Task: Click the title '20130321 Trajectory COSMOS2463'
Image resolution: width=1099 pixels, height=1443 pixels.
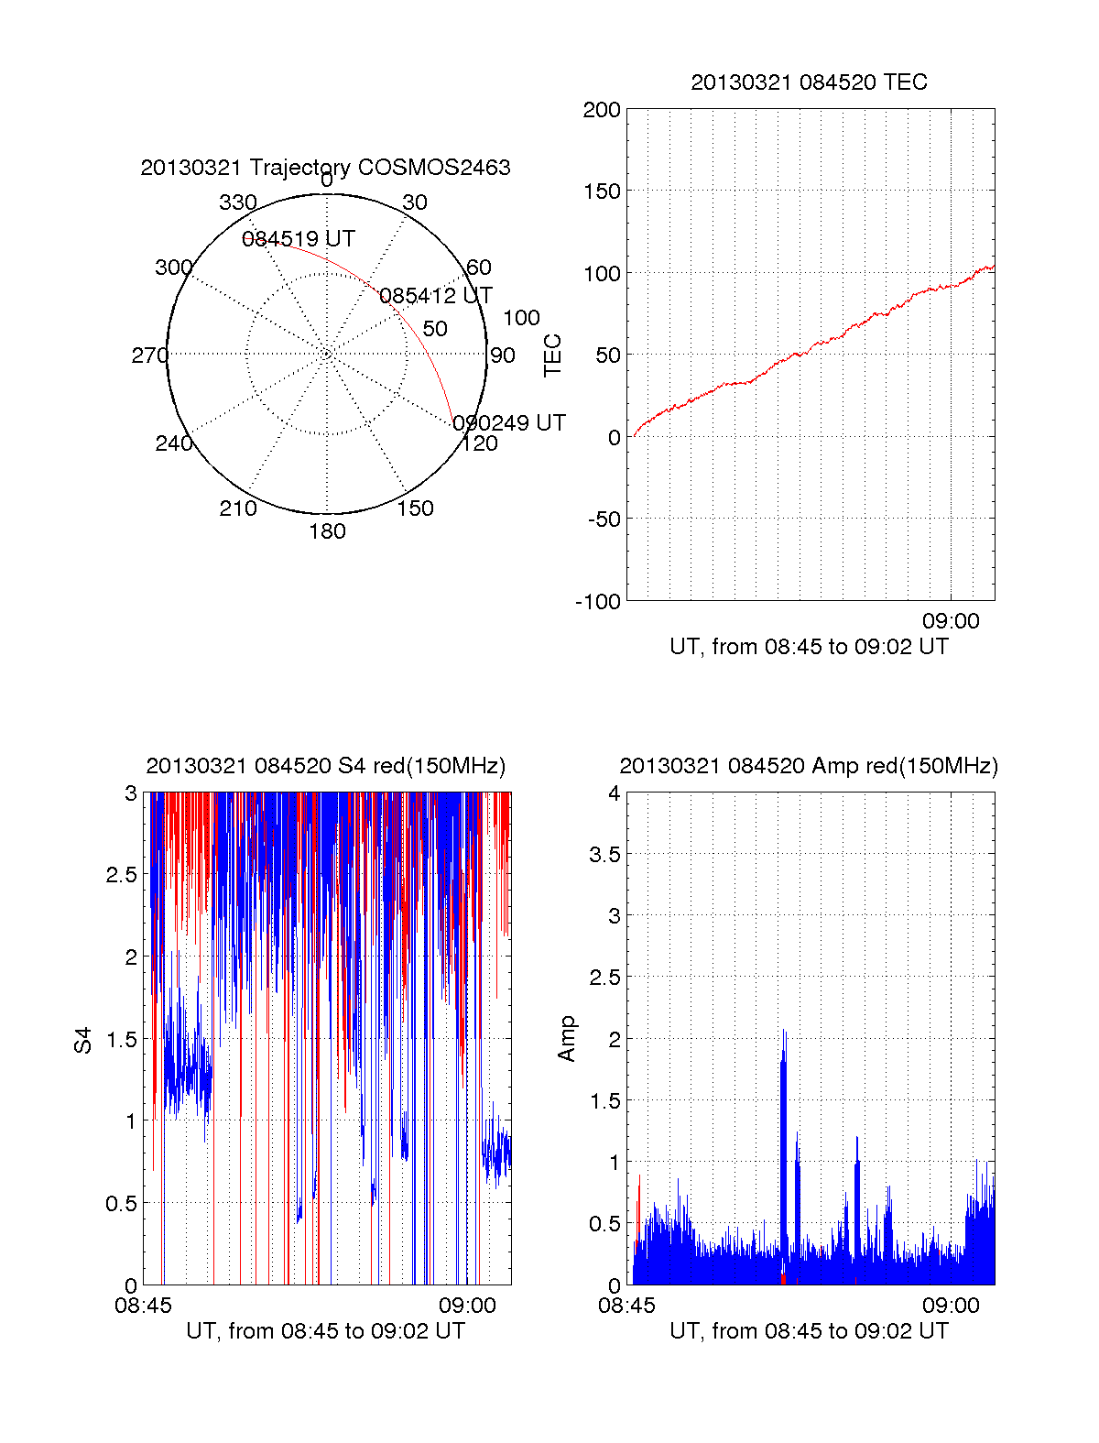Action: [325, 168]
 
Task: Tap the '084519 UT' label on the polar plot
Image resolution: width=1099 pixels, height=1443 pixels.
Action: [299, 239]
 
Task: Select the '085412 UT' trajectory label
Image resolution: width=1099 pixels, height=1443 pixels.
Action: [436, 296]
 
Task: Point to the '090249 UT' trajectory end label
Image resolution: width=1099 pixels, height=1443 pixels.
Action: [509, 422]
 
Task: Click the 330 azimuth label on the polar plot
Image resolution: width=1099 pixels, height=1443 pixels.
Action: [238, 202]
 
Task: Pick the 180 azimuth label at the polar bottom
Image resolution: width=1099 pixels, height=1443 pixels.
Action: [327, 531]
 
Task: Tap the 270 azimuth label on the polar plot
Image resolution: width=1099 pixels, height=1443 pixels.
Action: [149, 355]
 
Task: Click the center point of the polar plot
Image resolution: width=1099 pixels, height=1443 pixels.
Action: [327, 354]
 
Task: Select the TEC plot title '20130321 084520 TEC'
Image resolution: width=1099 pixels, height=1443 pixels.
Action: [809, 82]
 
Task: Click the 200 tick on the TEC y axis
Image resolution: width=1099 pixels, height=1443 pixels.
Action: [602, 110]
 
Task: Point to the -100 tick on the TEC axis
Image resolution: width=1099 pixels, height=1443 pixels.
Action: [598, 602]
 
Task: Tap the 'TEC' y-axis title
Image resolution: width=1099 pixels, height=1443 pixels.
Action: [553, 355]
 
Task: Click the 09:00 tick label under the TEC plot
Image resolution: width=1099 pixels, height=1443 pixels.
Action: [951, 621]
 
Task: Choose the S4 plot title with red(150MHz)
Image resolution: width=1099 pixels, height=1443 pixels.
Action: [325, 766]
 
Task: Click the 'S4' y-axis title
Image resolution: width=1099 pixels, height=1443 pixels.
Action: [83, 1040]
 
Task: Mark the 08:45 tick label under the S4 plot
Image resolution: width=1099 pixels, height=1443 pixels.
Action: [143, 1306]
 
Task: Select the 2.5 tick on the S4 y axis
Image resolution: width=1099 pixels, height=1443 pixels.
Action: [122, 875]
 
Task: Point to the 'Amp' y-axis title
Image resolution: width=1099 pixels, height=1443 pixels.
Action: [567, 1039]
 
